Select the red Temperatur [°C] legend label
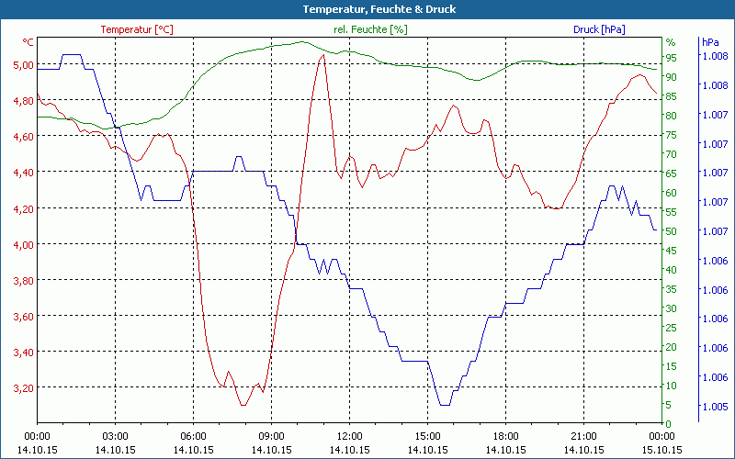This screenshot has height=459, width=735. [136, 29]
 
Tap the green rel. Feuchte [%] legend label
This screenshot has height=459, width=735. [369, 29]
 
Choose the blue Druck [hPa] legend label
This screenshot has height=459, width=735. [599, 29]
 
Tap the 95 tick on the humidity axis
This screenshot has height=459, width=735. [672, 57]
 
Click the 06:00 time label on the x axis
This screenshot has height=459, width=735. [193, 436]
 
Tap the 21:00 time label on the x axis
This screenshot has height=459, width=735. [583, 436]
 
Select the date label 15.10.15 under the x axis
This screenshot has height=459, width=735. [661, 450]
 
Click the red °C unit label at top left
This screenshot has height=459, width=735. [28, 42]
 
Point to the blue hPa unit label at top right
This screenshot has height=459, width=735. [710, 42]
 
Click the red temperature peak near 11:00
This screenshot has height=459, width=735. [322, 55]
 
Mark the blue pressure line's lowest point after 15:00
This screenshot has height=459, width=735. [445, 405]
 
